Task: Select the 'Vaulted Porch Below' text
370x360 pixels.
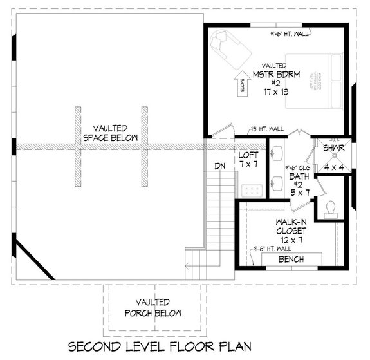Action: click(153, 307)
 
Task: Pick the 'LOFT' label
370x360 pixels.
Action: click(248, 156)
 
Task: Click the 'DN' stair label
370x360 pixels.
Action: click(219, 166)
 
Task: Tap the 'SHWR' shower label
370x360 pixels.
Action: click(334, 148)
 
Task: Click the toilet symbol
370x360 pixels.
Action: click(331, 208)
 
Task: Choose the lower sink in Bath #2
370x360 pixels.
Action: click(278, 182)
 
